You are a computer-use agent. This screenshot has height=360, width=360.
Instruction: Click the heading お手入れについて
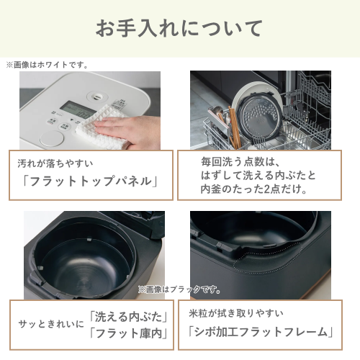(179, 29)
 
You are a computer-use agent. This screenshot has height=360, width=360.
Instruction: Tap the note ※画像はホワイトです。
(48, 65)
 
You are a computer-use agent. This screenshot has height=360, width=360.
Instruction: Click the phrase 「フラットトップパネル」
(91, 181)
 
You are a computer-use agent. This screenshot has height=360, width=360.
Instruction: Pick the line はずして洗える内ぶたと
(258, 175)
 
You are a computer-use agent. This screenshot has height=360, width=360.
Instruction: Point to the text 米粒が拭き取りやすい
(236, 313)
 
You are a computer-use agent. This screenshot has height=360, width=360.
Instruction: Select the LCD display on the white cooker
(69, 109)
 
